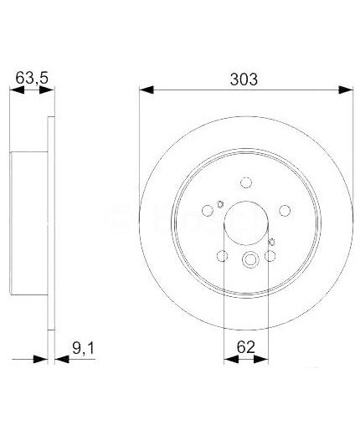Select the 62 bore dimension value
coord(245,342)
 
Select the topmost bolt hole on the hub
coord(245,182)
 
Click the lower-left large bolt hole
coord(223,257)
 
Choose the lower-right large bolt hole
coord(270,257)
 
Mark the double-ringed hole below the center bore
coord(249,262)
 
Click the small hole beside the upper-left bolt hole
coord(219,204)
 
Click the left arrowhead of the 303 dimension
coord(145,89)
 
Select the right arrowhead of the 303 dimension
coord(347,89)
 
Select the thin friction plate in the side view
coord(50,226)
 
